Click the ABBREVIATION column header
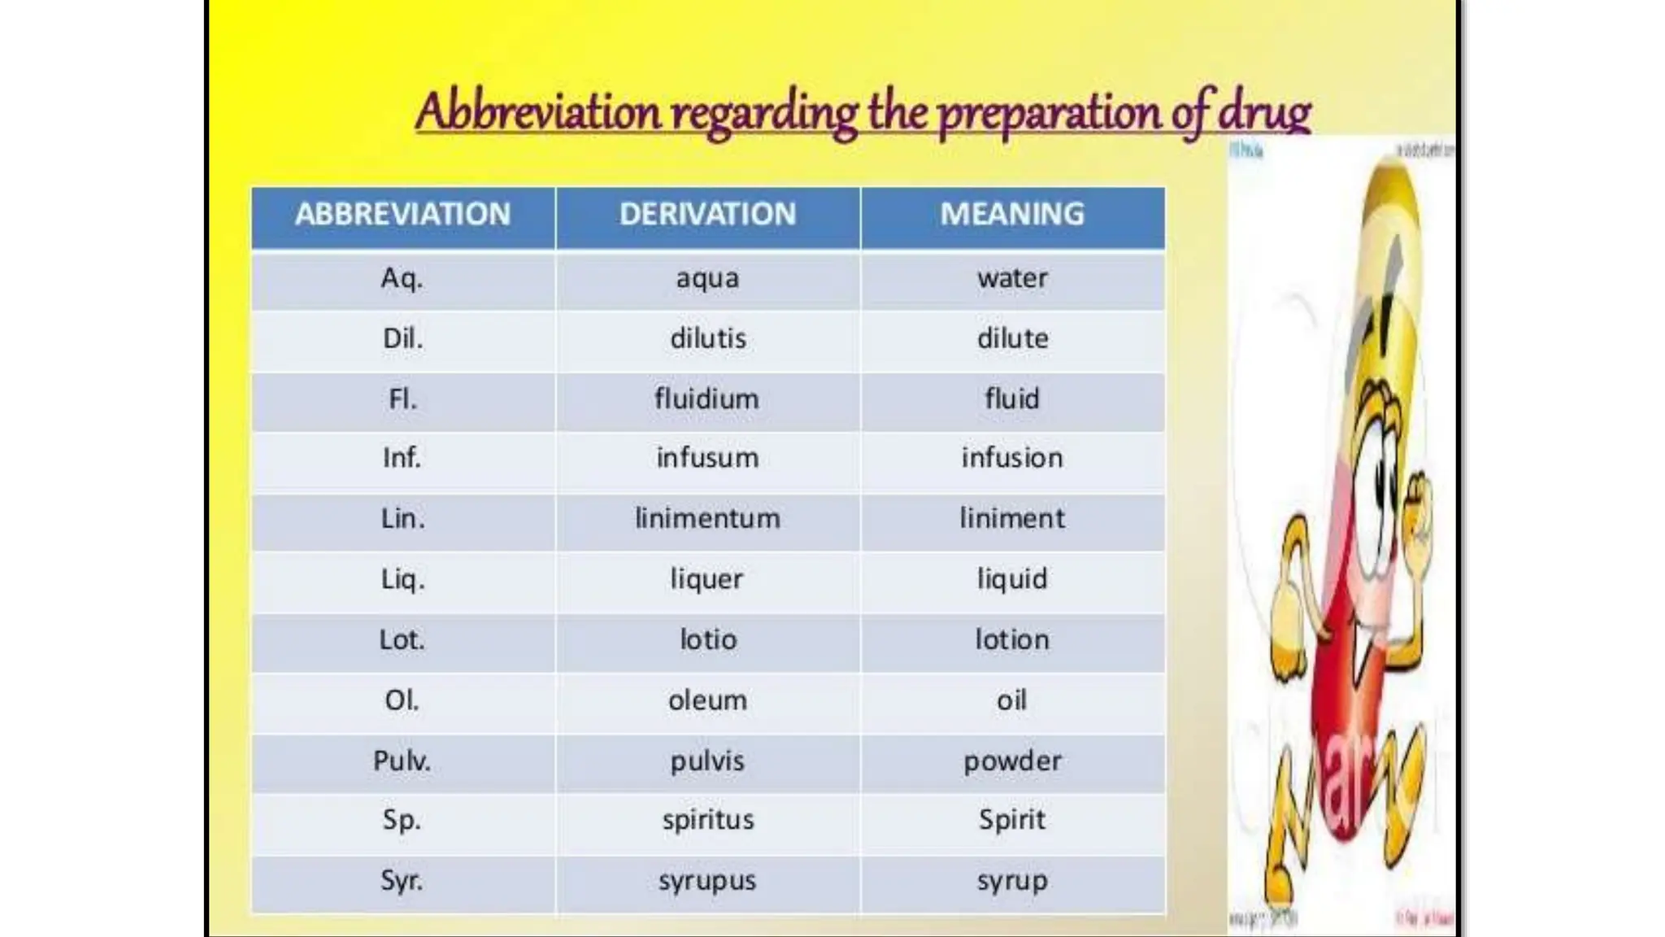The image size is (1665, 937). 402,215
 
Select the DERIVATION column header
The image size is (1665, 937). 707,215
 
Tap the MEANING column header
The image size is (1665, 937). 1012,215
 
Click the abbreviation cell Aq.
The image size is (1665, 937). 402,279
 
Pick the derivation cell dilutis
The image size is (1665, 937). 707,338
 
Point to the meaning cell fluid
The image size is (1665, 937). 1012,399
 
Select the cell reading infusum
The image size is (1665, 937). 707,459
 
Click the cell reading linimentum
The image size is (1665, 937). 707,519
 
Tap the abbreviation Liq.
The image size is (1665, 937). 402,580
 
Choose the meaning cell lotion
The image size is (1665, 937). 1012,640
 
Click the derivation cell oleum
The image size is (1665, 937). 707,700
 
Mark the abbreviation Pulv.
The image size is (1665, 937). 402,761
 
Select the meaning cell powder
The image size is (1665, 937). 1012,761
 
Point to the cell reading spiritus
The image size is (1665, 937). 707,820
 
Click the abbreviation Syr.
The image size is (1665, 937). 402,881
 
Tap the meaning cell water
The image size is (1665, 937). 1012,279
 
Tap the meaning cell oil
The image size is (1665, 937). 1012,700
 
